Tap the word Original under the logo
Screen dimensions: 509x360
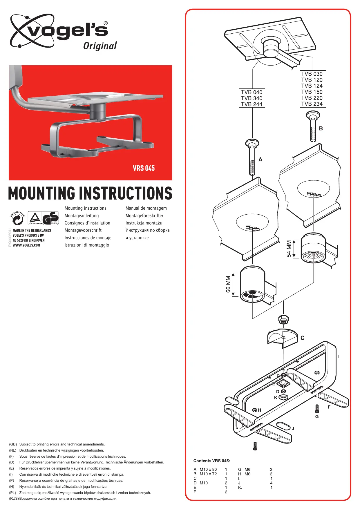(100, 46)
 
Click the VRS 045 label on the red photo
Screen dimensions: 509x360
(144, 168)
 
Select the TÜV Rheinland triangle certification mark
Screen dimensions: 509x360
(35, 218)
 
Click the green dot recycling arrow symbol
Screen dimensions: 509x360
(18, 219)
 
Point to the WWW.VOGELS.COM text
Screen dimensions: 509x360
(26, 245)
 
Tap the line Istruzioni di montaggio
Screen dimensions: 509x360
(87, 245)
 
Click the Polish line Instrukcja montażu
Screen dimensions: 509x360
(144, 223)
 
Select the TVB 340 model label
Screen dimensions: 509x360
(252, 98)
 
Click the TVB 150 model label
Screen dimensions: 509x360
(312, 92)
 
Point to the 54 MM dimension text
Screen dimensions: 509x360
(289, 248)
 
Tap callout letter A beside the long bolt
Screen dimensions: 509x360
(260, 160)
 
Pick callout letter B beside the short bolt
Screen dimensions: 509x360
(321, 128)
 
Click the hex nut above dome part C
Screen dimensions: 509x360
(283, 319)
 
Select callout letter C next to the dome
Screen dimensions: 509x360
(303, 338)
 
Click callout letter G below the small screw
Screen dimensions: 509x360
(317, 417)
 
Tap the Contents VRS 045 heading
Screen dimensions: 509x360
(212, 461)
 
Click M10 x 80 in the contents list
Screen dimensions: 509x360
(208, 470)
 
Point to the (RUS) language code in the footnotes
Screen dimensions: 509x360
(14, 499)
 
